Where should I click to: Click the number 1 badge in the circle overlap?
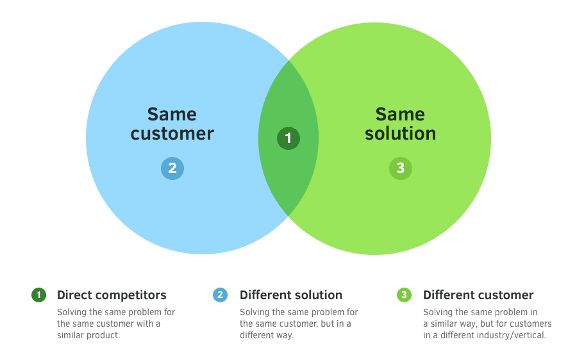(288, 138)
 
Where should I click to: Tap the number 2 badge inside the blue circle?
(172, 168)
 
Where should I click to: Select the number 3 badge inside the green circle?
(401, 168)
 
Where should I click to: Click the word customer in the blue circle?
(172, 133)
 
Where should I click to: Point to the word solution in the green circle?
(401, 133)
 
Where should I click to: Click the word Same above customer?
(172, 114)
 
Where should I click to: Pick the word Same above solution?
(400, 114)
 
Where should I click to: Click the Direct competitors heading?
(112, 295)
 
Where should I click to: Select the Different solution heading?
(291, 295)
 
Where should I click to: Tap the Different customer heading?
(478, 295)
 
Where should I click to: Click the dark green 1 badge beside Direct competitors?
(39, 295)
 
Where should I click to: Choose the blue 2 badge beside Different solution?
(221, 295)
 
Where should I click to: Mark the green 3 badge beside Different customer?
(404, 295)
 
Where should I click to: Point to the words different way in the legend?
(267, 335)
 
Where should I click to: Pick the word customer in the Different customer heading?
(505, 295)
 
